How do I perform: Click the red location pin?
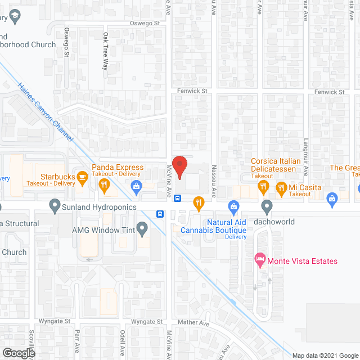click(179, 166)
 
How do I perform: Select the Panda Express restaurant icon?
click(104, 184)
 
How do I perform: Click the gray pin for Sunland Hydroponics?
click(55, 205)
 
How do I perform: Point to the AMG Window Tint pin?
click(142, 229)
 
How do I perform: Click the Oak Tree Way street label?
click(105, 51)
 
